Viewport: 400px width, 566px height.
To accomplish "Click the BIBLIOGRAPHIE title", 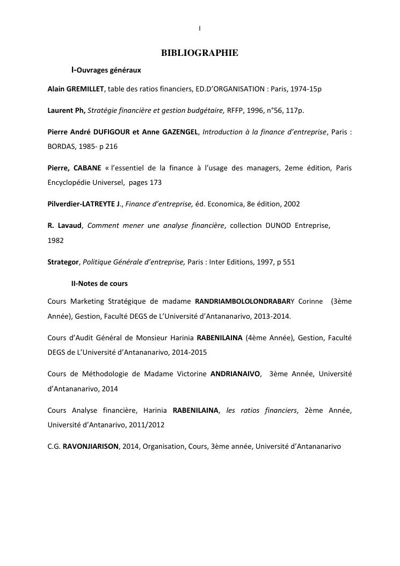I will click(x=200, y=53).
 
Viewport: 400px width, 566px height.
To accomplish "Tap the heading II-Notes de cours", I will click(x=99, y=283).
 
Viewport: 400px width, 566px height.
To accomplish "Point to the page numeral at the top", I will click(x=200, y=28).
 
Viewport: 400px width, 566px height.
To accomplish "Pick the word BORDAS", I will click(x=60, y=146).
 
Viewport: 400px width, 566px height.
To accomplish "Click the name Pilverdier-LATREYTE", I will click(x=83, y=204).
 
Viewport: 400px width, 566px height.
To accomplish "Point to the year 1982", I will click(x=55, y=240).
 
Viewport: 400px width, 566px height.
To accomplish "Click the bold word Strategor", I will click(x=63, y=262).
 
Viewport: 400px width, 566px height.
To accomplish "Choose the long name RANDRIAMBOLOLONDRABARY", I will click(x=245, y=302).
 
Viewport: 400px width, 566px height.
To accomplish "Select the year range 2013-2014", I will click(x=273, y=316).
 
